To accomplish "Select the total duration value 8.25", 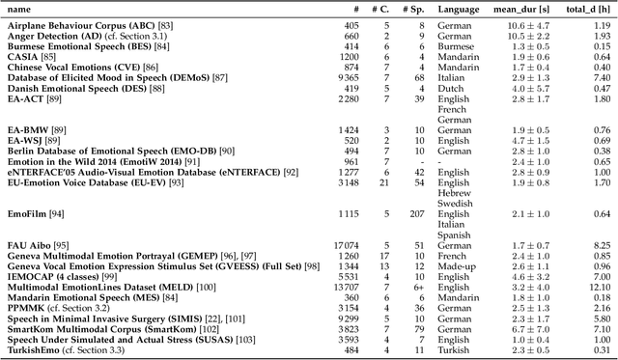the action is [x=601, y=246].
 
